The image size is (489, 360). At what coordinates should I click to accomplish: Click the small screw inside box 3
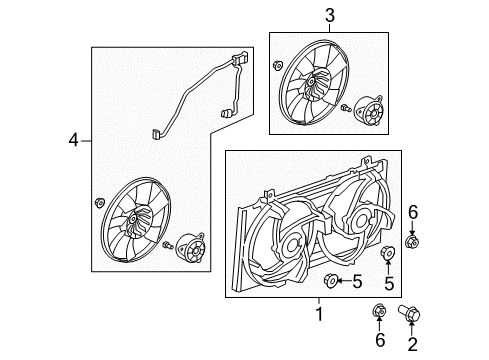tap(345, 108)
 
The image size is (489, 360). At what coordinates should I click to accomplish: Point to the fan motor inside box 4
tap(190, 246)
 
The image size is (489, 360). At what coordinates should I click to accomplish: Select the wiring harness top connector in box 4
tap(241, 63)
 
